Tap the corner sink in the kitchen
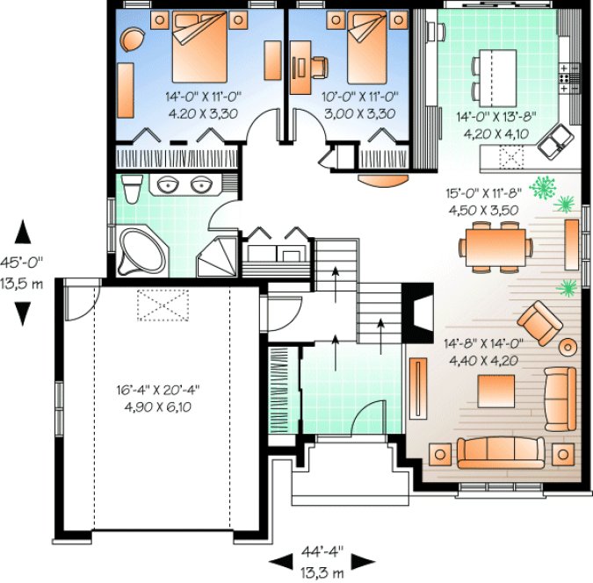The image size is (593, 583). click(558, 140)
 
